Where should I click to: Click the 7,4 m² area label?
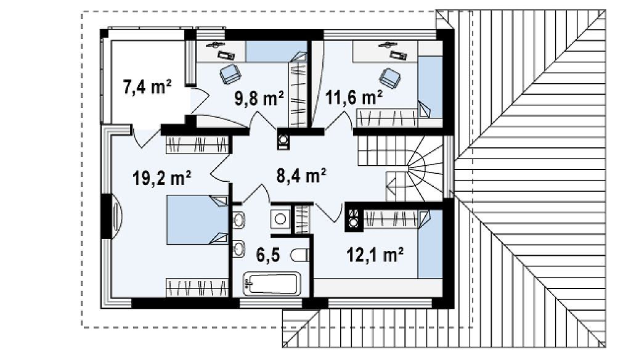pos(147,87)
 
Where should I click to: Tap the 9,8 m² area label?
pos(259,98)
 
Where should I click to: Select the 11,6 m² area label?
pos(354,97)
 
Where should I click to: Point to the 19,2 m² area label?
pos(162,178)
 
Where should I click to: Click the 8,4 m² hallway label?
pos(301,175)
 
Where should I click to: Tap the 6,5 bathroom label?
pos(268,255)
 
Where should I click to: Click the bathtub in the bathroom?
pos(272,284)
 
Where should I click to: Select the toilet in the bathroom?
pos(299,255)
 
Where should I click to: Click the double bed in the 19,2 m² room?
pos(198,220)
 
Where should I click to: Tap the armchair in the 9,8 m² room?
pos(230,74)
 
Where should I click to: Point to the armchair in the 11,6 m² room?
pos(390,78)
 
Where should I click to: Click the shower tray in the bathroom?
pos(280,219)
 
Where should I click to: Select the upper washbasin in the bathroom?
pos(238,220)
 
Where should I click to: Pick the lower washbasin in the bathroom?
pos(238,248)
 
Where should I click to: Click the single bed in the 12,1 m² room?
pos(430,243)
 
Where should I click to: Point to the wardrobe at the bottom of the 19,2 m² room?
pos(197,288)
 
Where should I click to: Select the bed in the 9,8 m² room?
pos(277,51)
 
